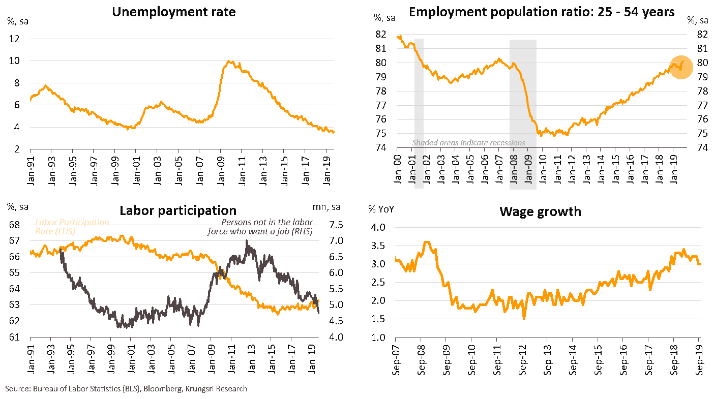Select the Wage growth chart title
(x=541, y=211)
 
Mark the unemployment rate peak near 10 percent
(x=230, y=62)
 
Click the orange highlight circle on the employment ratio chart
(x=681, y=67)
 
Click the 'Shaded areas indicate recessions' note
(x=468, y=143)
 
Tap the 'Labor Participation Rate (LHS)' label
(x=71, y=227)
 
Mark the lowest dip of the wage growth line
(x=524, y=318)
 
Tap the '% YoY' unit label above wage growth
(x=381, y=209)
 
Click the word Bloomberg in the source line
(x=162, y=389)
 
